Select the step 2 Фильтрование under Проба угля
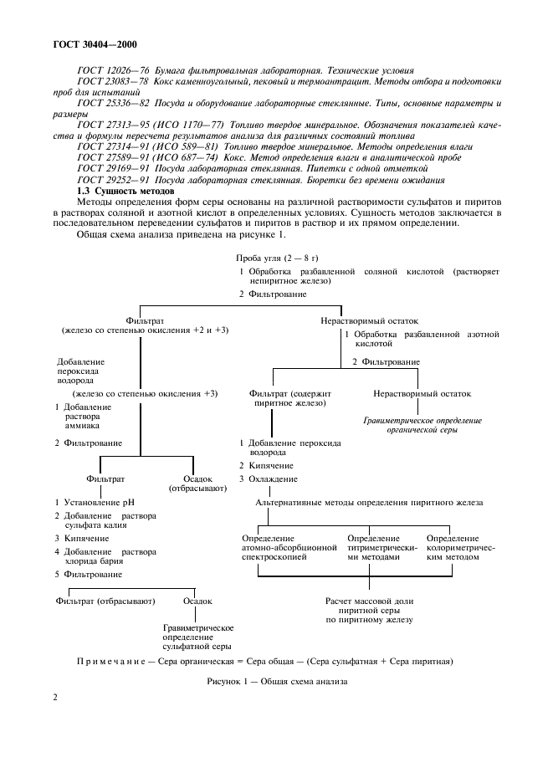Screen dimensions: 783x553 click(273, 294)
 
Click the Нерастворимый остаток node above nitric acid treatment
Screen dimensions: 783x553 click(369, 320)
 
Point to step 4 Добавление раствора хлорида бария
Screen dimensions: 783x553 click(105, 556)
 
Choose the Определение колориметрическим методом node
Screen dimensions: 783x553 click(453, 546)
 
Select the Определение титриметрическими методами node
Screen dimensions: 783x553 click(373, 546)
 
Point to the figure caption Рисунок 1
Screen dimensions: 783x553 click(276, 681)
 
